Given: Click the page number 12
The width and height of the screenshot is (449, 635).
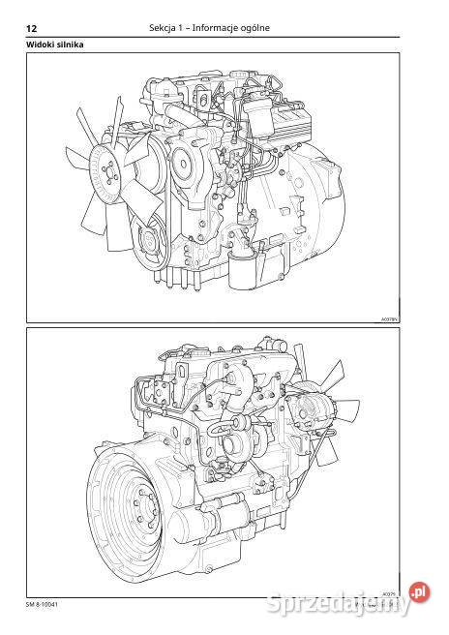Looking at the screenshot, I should tap(31, 28).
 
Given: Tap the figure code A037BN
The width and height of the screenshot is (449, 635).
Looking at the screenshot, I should tap(390, 317).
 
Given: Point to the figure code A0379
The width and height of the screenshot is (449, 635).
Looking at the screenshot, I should tap(391, 583).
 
